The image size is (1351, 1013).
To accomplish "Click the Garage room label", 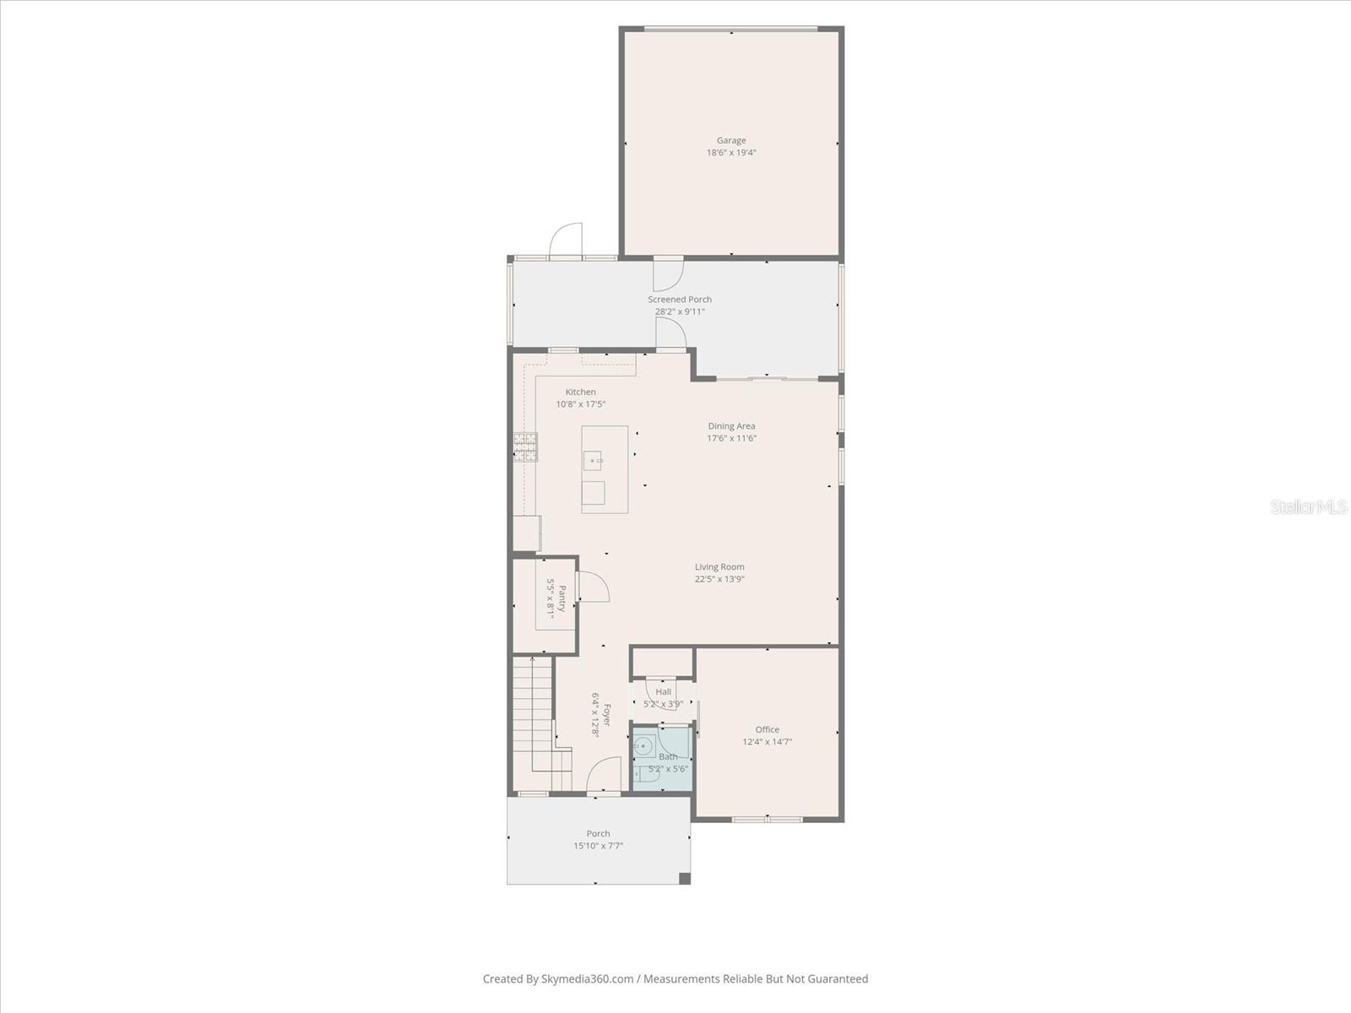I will pos(731,141).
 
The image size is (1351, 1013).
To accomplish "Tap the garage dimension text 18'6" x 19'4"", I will pos(731,153).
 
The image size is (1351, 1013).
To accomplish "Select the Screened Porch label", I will pos(680,300).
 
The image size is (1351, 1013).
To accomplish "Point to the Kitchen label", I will pos(581,393).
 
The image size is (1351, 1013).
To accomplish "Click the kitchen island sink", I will pos(594,461).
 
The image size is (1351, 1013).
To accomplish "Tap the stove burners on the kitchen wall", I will pos(525,447).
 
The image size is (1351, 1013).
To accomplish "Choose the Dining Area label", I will pos(731,426).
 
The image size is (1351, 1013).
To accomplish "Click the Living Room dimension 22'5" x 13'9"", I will pos(719,579).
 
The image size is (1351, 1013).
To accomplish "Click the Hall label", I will pos(664,692).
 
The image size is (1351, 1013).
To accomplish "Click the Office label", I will pos(767,730).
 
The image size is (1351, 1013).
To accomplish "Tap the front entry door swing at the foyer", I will pos(604,775).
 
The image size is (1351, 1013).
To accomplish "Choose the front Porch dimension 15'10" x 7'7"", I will pos(598,846).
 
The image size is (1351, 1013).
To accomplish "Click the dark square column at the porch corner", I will pos(685,878).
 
